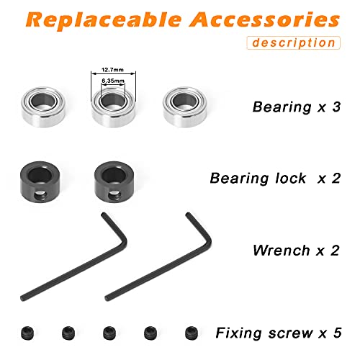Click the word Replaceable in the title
point(103,20)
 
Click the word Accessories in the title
point(264,19)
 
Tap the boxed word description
point(294,43)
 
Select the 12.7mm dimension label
point(112,70)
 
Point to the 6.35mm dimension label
point(113,81)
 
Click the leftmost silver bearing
point(43,107)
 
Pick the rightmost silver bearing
point(184,107)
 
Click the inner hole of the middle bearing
point(112,102)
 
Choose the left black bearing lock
point(40,181)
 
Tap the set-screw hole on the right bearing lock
point(114,195)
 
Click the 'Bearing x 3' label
point(297,107)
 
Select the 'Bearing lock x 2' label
point(275,179)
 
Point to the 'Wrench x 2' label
point(296,251)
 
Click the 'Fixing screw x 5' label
point(279,333)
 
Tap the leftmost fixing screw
point(27,333)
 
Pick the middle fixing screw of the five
point(109,333)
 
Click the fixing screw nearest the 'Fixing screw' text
point(192,333)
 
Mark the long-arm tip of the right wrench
point(107,298)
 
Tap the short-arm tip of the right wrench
point(189,215)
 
